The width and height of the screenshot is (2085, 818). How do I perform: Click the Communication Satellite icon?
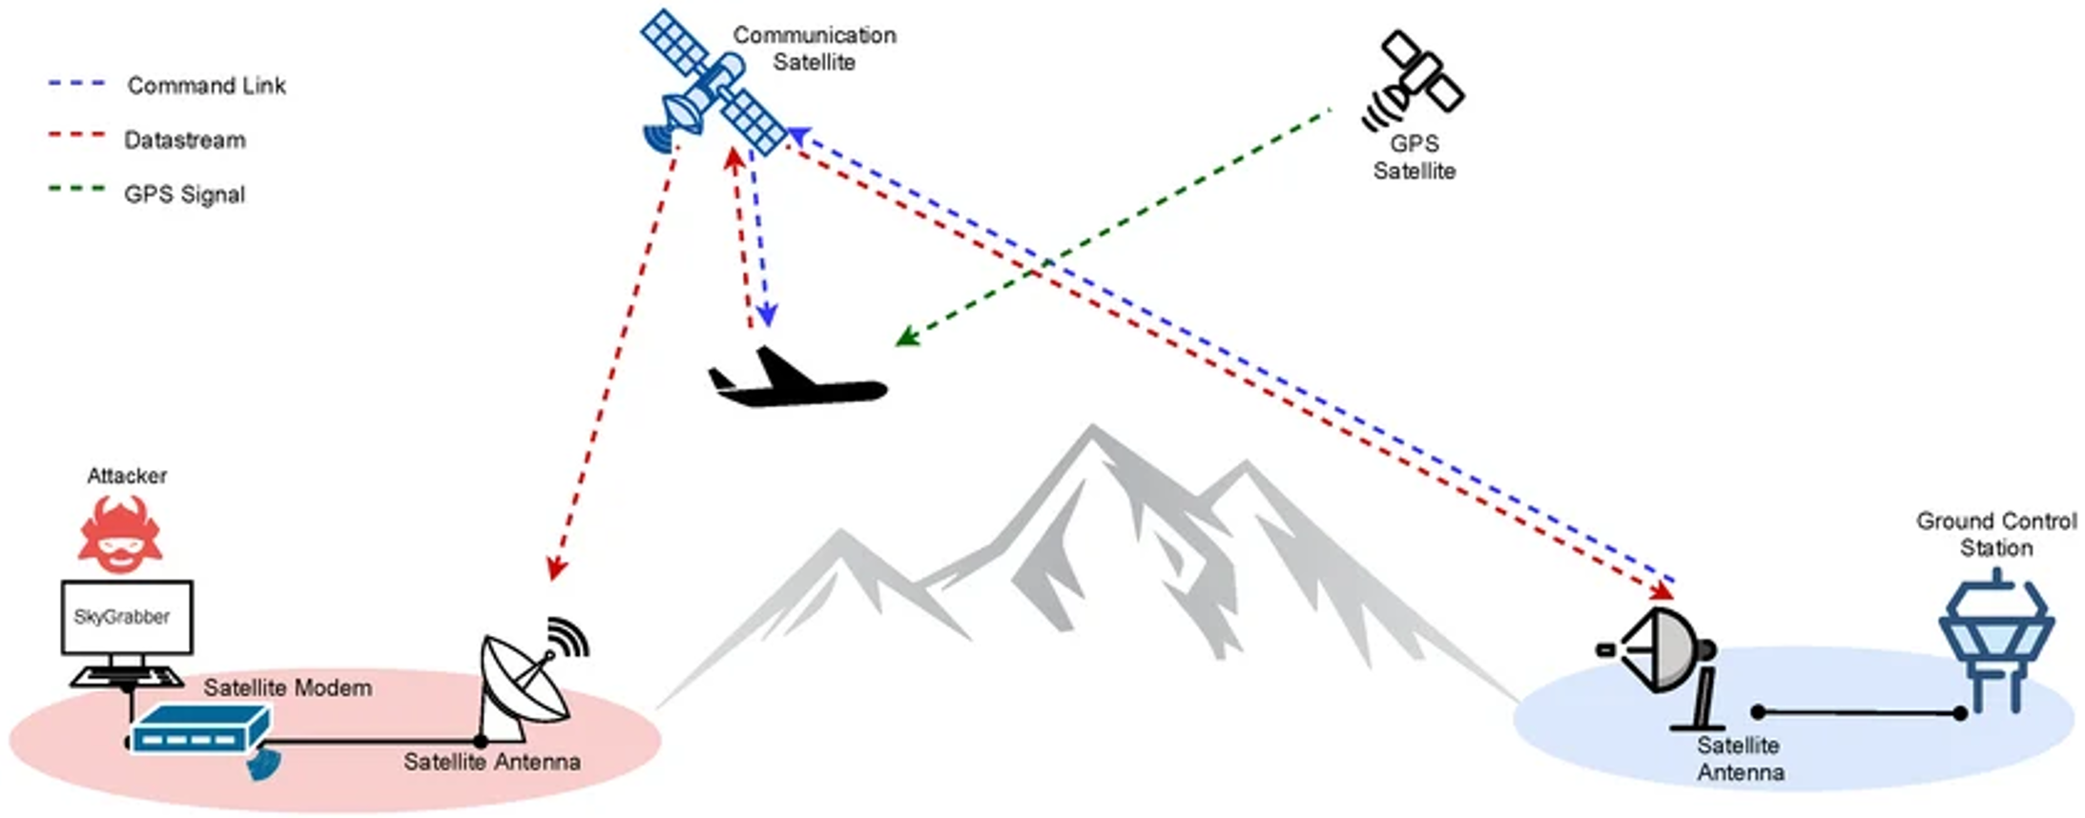tap(713, 84)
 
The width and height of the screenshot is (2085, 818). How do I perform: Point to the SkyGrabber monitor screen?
tap(126, 617)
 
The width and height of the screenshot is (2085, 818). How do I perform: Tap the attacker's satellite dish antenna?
tap(526, 679)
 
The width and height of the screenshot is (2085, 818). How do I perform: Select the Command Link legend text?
tap(206, 86)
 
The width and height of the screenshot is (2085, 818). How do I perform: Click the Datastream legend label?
tap(184, 140)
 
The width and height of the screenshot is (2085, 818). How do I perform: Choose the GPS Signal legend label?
tap(184, 194)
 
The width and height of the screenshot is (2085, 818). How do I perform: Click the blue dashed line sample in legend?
tap(77, 84)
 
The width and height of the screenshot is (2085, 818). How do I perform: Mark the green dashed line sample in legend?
tap(77, 189)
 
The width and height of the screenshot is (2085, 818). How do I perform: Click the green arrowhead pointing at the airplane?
tap(905, 337)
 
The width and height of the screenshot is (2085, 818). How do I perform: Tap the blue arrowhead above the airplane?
tap(767, 316)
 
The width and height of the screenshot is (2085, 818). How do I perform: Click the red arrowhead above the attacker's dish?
tap(556, 569)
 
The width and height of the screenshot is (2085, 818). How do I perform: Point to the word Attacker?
tap(127, 476)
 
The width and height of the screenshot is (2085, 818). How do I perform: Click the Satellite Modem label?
tap(287, 687)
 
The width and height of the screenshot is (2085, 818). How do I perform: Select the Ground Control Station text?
tap(1995, 534)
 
